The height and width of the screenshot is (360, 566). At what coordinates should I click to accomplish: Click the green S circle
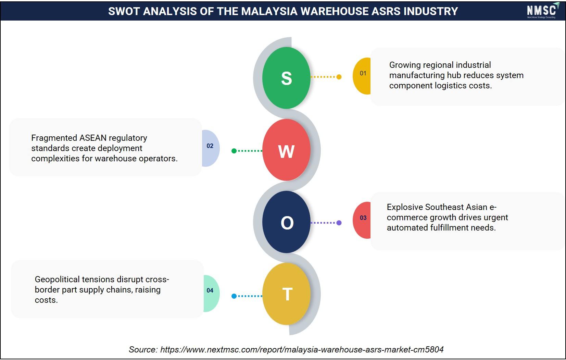pos(286,78)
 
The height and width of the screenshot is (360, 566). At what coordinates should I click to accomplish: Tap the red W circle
pos(286,150)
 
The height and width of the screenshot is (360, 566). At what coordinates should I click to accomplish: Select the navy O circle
pos(286,222)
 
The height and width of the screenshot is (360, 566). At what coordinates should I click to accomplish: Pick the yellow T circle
pos(286,294)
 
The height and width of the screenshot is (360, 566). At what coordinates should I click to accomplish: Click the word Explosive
pos(405,207)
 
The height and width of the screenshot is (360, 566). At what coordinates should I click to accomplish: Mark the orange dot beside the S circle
pos(339,77)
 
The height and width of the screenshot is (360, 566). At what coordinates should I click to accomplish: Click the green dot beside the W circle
pos(234,151)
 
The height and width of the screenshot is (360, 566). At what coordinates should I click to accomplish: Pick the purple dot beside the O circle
pos(339,223)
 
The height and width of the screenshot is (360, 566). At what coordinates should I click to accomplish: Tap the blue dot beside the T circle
pos(234,296)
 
